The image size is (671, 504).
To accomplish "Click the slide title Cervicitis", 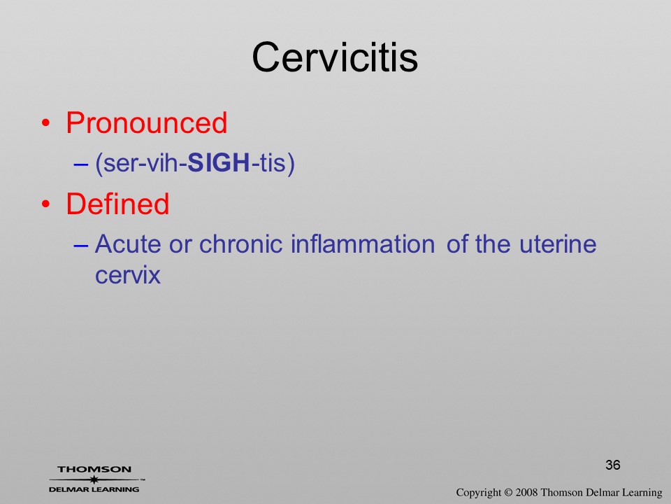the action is click(x=335, y=57).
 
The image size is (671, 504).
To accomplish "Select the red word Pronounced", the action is click(x=146, y=123).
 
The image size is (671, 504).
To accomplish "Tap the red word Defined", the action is click(x=117, y=204).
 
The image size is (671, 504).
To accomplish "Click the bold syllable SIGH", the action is click(x=219, y=163).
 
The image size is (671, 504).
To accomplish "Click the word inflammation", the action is click(x=363, y=244).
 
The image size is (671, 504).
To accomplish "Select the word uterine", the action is click(x=558, y=244).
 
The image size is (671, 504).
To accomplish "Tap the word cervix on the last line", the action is click(x=127, y=275).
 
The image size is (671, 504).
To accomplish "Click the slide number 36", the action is click(x=613, y=465).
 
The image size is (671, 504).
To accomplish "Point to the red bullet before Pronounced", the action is click(x=46, y=123).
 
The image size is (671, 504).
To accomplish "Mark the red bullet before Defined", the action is click(x=46, y=204).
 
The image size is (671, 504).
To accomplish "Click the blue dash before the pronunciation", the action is click(x=81, y=164).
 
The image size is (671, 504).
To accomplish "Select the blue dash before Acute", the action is click(x=81, y=245).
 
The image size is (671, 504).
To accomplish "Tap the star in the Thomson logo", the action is click(x=94, y=479).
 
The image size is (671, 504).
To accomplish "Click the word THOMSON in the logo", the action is click(x=94, y=469).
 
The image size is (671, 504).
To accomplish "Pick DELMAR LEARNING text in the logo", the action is click(x=94, y=489).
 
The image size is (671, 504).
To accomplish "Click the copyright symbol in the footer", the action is click(x=508, y=493).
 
